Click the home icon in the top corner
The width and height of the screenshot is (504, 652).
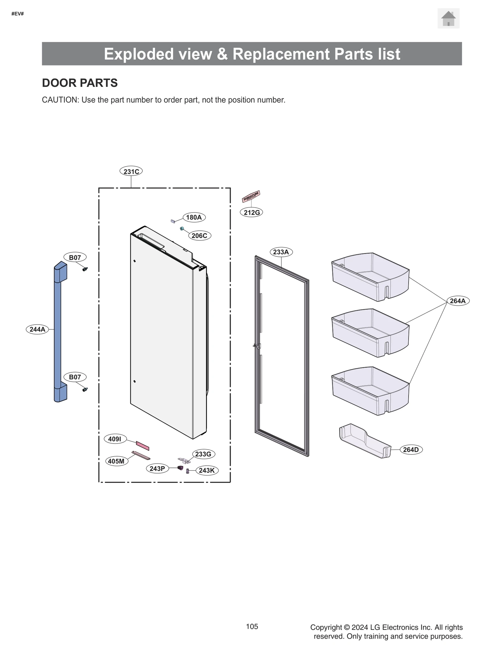pyautogui.click(x=448, y=19)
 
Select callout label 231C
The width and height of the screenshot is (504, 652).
pyautogui.click(x=131, y=171)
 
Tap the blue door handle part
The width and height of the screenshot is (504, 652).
pyautogui.click(x=58, y=331)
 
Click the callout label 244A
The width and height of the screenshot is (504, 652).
pyautogui.click(x=37, y=329)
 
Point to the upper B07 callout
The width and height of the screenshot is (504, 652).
pyautogui.click(x=75, y=258)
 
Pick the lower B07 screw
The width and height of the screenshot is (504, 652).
pyautogui.click(x=85, y=389)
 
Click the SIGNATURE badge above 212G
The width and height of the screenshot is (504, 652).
pyautogui.click(x=251, y=196)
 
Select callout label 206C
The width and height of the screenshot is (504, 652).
pyautogui.click(x=199, y=235)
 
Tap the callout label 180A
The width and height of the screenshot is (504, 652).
pyautogui.click(x=194, y=217)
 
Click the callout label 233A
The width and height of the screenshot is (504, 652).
pyautogui.click(x=281, y=252)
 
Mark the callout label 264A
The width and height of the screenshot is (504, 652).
pyautogui.click(x=458, y=301)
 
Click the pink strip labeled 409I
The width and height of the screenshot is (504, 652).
pyautogui.click(x=142, y=445)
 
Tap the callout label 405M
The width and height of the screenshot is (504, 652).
pyautogui.click(x=116, y=461)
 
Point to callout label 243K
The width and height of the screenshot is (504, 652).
pyautogui.click(x=207, y=470)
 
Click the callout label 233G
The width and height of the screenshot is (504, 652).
pyautogui.click(x=203, y=454)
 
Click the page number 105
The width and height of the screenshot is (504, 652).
pyautogui.click(x=252, y=626)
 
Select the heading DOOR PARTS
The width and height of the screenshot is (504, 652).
pyautogui.click(x=80, y=83)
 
